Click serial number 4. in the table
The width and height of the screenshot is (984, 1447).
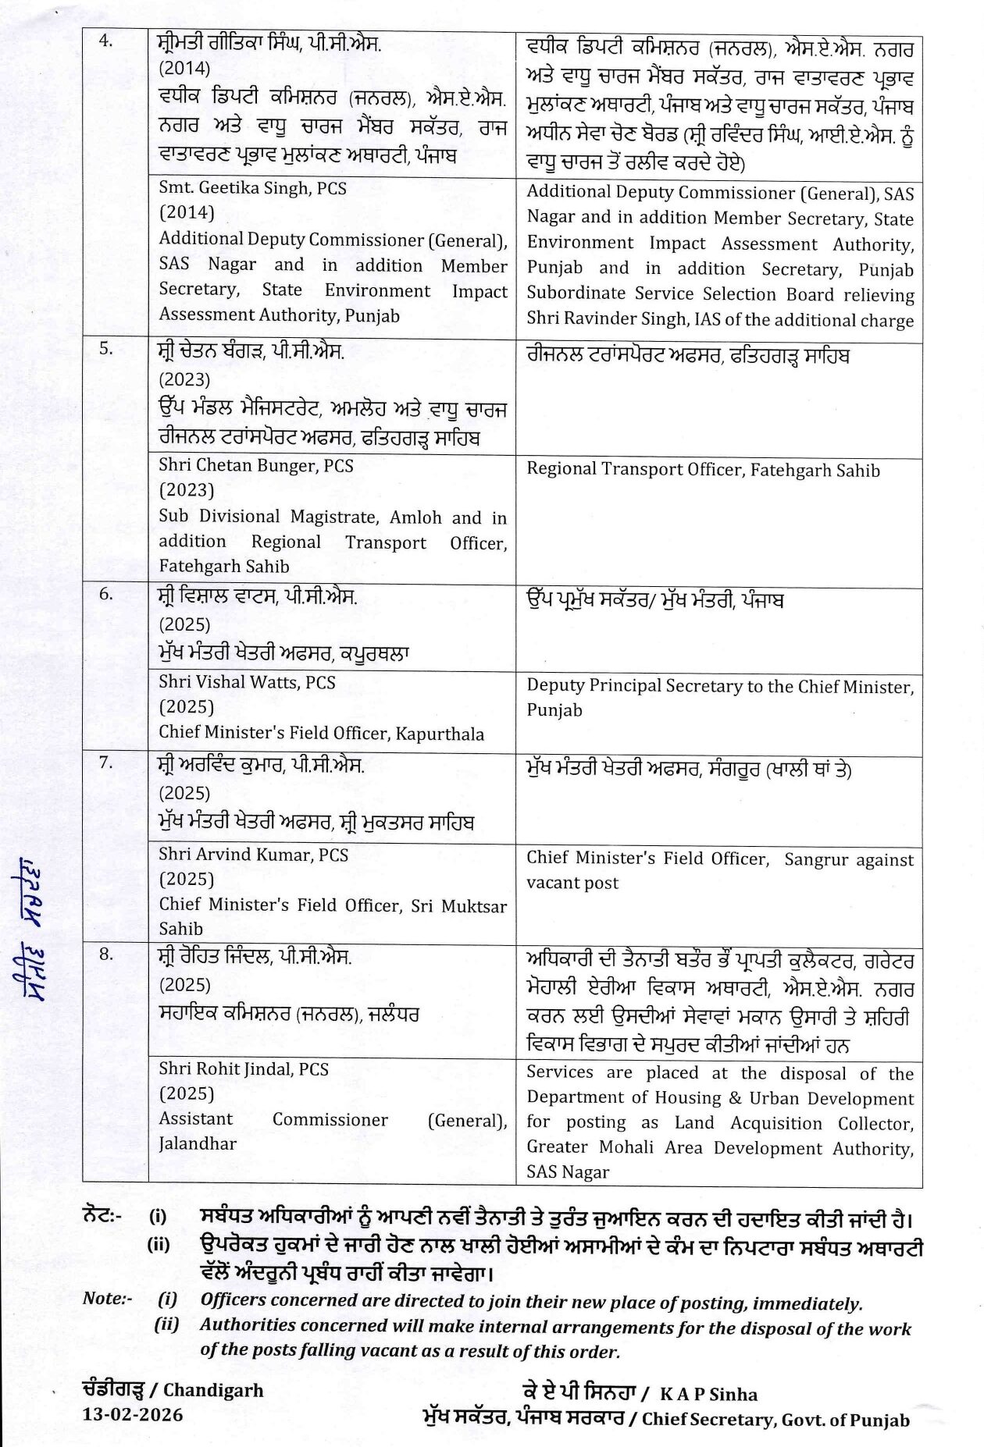105,41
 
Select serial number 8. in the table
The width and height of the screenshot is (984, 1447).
105,954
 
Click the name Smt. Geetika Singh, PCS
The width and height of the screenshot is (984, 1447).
252,188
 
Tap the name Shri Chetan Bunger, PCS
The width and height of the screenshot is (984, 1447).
255,466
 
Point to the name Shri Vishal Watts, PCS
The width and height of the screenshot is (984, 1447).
247,682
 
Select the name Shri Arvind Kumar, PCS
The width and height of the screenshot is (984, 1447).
253,855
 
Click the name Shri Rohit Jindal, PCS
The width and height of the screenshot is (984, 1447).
244,1069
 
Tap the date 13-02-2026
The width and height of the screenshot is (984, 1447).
133,1414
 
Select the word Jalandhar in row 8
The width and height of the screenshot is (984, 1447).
198,1143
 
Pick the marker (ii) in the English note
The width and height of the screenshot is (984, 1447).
166,1324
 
